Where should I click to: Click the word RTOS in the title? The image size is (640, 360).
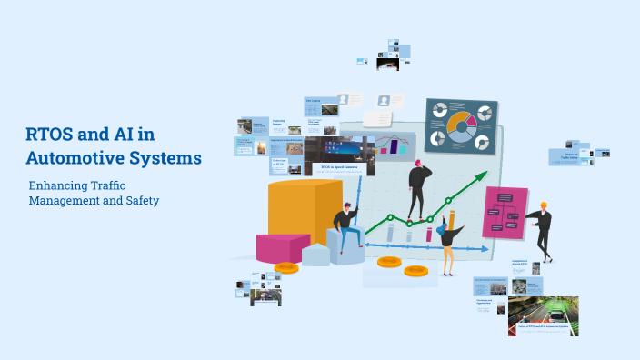52,135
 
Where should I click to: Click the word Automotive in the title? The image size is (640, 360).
77,157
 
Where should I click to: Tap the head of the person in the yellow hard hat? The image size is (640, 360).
544,207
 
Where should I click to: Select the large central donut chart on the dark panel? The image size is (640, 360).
460,126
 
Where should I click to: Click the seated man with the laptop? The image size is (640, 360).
345,227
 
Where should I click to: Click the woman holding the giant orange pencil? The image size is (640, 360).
447,240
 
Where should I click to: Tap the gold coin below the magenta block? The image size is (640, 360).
286,267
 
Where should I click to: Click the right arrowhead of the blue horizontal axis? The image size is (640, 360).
490,247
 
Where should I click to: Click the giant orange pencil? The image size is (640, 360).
450,223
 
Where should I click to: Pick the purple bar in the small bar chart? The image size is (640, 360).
395,145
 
